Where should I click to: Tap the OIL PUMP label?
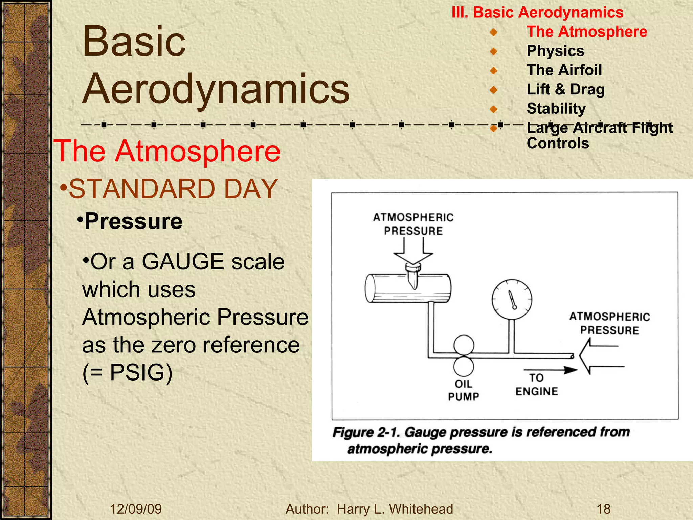coord(464,390)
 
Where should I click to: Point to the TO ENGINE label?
coord(537,385)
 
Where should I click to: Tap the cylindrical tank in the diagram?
coord(408,288)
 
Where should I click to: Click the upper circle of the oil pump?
coord(464,345)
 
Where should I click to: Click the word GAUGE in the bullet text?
coord(183,262)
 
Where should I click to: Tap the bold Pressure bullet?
coord(133,221)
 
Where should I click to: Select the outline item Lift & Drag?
coord(565,90)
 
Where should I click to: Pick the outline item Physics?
coord(555,51)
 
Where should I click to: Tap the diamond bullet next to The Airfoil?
coord(493,71)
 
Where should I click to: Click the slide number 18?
coord(603,509)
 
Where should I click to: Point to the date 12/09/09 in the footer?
coord(136,509)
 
